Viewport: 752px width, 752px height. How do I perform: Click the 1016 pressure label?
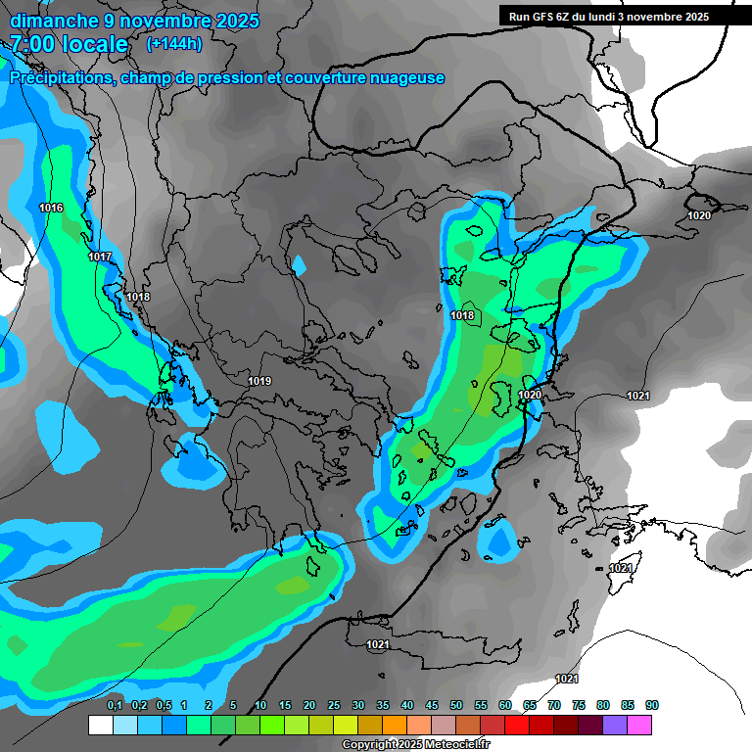(51, 208)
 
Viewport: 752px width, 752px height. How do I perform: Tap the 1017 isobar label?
(100, 257)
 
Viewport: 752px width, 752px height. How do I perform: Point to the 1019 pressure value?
(259, 381)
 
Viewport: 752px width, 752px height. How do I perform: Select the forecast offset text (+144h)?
(173, 44)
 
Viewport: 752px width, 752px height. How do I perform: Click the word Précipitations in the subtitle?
(59, 78)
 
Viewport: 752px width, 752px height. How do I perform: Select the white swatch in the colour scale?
(101, 725)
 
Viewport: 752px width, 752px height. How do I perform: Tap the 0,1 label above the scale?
(114, 705)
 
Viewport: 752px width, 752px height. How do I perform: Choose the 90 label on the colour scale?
(652, 705)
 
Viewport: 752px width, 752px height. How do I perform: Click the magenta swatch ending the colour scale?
(639, 725)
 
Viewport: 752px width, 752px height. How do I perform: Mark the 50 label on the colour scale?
(456, 705)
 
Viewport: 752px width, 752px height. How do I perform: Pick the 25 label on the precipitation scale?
(334, 705)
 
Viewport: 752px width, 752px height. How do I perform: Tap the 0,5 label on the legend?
(163, 705)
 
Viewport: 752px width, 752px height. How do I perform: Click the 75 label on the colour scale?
(579, 705)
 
